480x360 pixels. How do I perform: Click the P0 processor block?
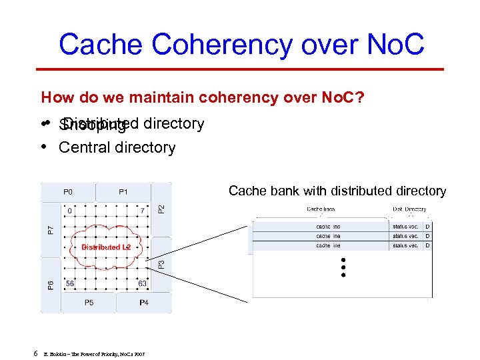pyautogui.click(x=68, y=191)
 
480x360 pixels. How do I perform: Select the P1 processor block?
pyautogui.click(x=123, y=191)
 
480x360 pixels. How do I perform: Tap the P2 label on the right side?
pyautogui.click(x=160, y=209)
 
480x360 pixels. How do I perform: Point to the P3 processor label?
pyautogui.click(x=159, y=265)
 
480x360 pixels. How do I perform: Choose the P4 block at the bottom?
pyautogui.click(x=144, y=303)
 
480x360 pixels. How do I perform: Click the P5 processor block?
pyautogui.click(x=89, y=303)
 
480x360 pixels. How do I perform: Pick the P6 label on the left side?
pyautogui.click(x=51, y=285)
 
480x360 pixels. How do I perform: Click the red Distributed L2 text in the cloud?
pyautogui.click(x=105, y=247)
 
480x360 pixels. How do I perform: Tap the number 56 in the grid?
pyautogui.click(x=69, y=283)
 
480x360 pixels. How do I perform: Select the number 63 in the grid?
pyautogui.click(x=142, y=283)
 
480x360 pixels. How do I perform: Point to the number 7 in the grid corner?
pyautogui.click(x=142, y=211)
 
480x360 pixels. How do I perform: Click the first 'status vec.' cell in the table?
pyautogui.click(x=405, y=227)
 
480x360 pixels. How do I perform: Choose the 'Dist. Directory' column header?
pyautogui.click(x=409, y=209)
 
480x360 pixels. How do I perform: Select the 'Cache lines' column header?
pyautogui.click(x=321, y=209)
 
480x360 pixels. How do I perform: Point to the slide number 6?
pyautogui.click(x=35, y=353)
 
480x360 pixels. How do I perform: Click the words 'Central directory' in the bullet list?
pyautogui.click(x=117, y=147)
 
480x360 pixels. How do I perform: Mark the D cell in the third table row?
pyautogui.click(x=427, y=245)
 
